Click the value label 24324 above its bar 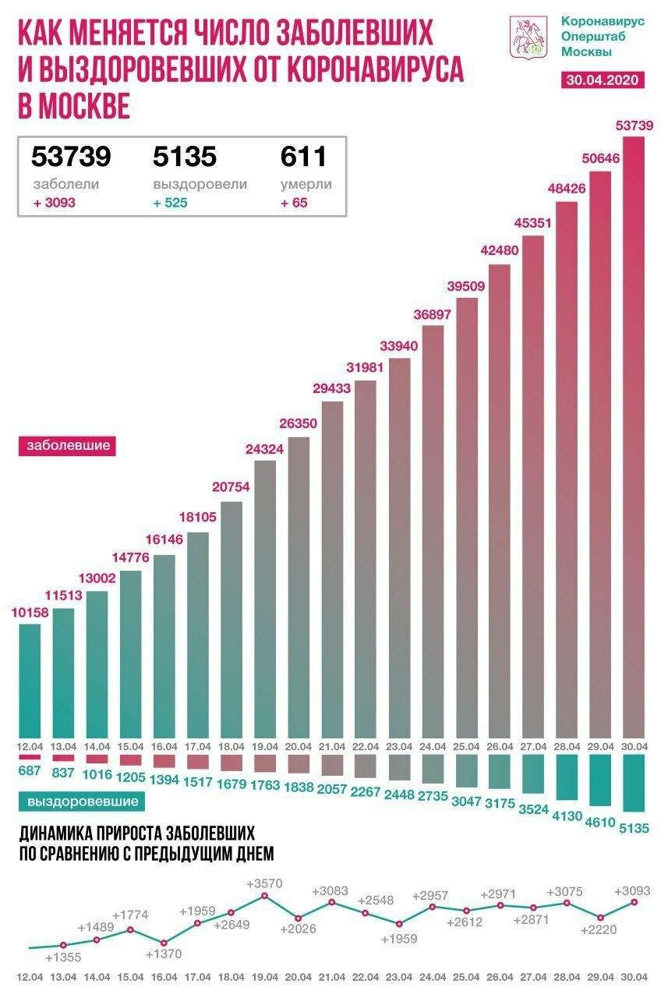tap(265, 450)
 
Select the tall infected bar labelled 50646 tap(599, 452)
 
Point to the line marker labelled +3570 tap(264, 896)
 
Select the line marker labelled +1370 tap(164, 943)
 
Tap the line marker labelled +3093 tap(633, 902)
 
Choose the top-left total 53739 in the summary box tap(71, 157)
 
